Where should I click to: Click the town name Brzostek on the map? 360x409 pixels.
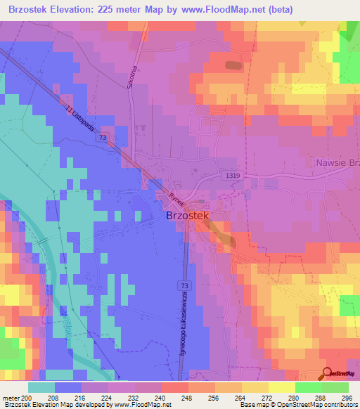coord(188,217)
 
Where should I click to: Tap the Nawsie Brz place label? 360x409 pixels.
coord(335,162)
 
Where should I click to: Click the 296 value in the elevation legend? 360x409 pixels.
coord(345,398)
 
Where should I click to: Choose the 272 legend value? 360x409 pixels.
coord(266,398)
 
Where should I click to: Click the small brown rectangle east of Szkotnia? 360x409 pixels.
coord(232,65)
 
